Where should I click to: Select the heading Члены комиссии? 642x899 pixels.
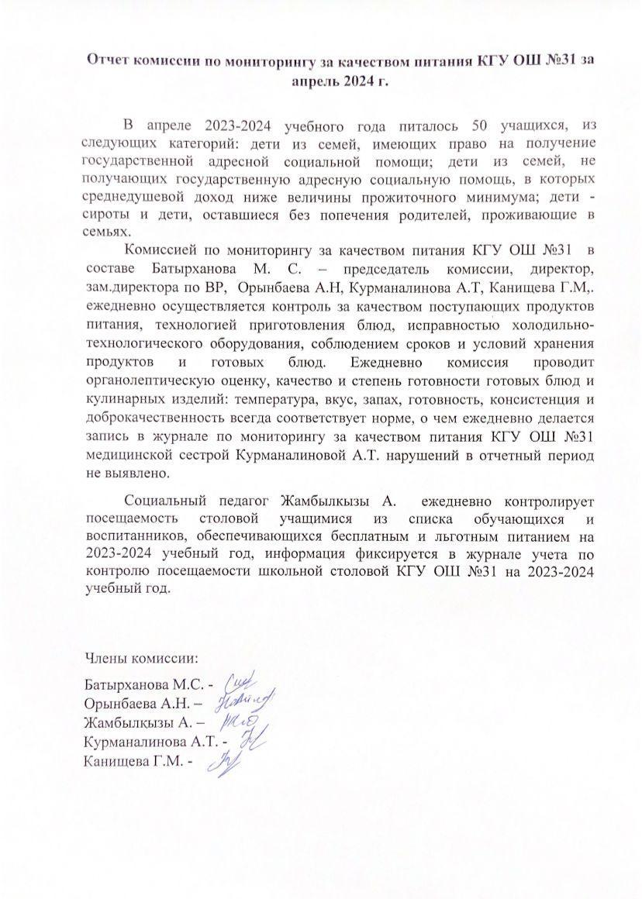pyautogui.click(x=140, y=659)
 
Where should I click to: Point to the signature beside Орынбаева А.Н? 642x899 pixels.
pyautogui.click(x=247, y=703)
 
